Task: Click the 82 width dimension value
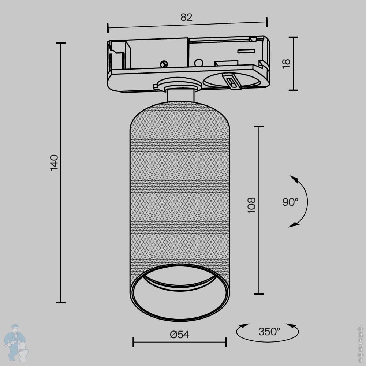[x=186, y=17]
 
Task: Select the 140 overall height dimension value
[x=54, y=163]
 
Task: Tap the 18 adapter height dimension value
[x=286, y=63]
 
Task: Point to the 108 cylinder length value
[x=252, y=205]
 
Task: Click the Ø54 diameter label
[x=179, y=335]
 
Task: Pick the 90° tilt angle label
[x=290, y=202]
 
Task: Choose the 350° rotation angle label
[x=269, y=332]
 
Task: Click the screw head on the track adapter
[x=164, y=64]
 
